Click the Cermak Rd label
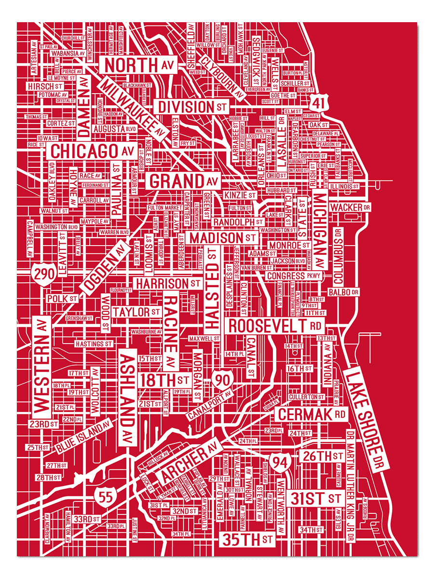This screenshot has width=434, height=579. [312, 414]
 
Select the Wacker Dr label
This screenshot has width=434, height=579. [351, 207]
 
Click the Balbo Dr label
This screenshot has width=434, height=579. [343, 292]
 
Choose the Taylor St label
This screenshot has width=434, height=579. [136, 312]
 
